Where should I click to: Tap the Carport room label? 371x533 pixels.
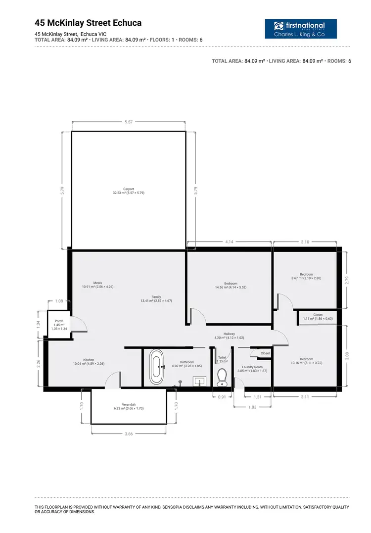tap(128, 191)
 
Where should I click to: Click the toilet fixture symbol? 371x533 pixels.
tap(222, 377)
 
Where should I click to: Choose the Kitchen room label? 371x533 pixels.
tap(89, 362)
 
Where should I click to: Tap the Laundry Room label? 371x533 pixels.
tap(252, 369)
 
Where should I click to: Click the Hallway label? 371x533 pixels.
tap(229, 336)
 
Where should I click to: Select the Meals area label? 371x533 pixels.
tap(97, 285)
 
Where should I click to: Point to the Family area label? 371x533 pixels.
tap(156, 299)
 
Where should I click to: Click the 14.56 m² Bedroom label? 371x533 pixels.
tap(231, 286)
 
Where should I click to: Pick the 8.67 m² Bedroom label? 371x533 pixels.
tap(306, 276)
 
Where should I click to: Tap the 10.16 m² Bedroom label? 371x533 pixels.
tap(306, 361)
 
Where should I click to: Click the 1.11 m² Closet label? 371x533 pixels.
tap(318, 317)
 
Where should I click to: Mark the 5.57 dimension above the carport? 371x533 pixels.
tap(128, 122)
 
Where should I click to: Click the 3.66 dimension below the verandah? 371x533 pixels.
tap(128, 434)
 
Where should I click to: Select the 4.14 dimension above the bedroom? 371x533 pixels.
tap(229, 242)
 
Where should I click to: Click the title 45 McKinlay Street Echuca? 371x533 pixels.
tap(88, 23)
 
